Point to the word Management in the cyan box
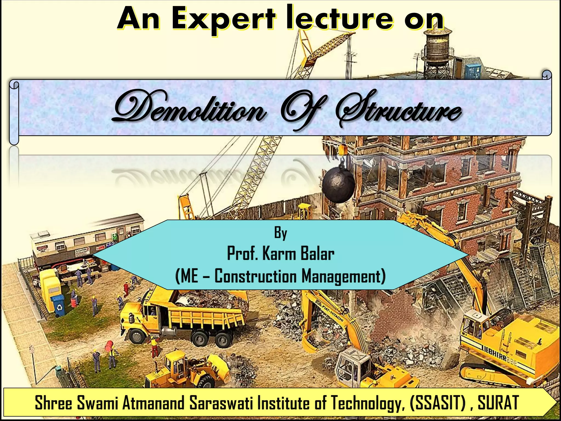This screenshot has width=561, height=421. tap(343, 276)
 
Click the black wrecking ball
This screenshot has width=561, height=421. tap(339, 186)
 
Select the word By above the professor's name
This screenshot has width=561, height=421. tap(280, 233)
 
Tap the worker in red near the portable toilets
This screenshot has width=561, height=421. tap(126, 289)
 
